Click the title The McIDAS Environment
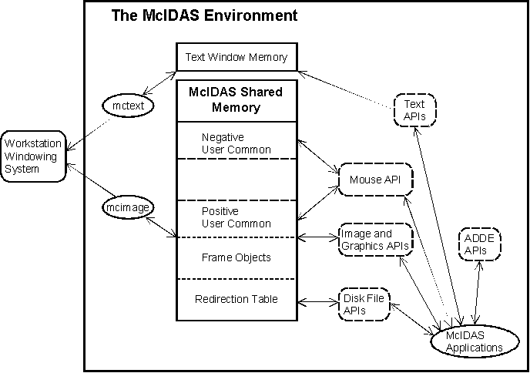(204, 15)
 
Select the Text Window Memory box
(236, 57)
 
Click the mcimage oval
(129, 207)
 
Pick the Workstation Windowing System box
(32, 156)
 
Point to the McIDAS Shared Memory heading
(236, 100)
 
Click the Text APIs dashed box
(414, 109)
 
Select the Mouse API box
(375, 180)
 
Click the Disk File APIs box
(365, 304)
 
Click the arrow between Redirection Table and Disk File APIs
(319, 300)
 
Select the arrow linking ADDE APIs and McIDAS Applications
(478, 291)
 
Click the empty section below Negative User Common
(236, 179)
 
